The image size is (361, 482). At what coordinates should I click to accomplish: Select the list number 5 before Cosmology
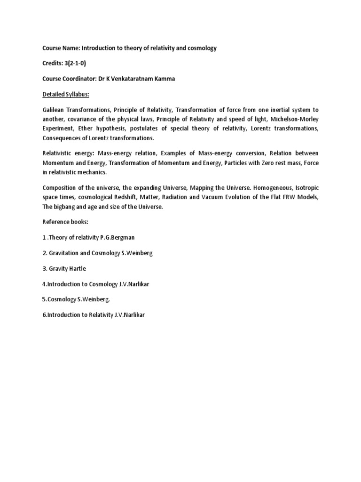(x=44, y=299)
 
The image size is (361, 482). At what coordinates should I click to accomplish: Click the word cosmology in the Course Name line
(x=202, y=48)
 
